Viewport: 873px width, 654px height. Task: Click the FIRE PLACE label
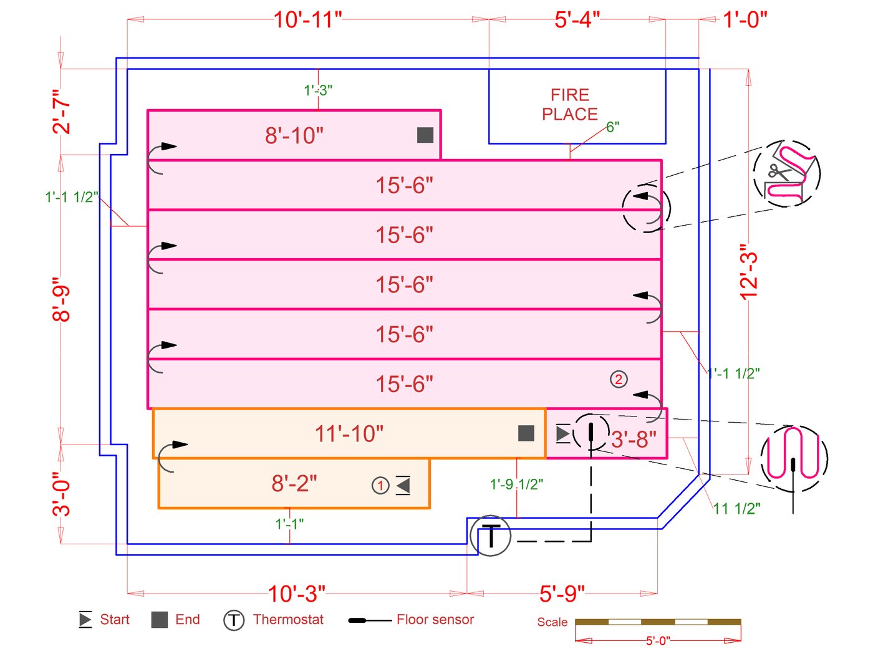(570, 105)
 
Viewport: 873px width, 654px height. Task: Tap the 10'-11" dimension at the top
(308, 20)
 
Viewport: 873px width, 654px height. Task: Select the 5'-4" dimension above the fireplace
(577, 20)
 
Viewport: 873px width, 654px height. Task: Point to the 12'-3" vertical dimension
(748, 272)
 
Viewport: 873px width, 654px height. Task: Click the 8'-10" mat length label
(294, 135)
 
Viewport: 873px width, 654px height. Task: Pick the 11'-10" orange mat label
(349, 433)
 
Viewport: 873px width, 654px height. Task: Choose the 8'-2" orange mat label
(294, 483)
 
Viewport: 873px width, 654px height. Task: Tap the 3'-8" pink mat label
(634, 440)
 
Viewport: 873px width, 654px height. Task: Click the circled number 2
(619, 379)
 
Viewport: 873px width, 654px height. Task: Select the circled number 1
(380, 485)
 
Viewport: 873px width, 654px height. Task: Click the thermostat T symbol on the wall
(491, 536)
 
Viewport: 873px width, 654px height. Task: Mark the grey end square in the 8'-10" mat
(425, 135)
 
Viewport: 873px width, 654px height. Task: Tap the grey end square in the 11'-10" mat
(526, 433)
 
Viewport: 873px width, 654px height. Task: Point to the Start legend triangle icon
(85, 620)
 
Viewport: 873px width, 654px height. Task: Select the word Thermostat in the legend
(288, 620)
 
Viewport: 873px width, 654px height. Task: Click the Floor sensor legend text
(435, 620)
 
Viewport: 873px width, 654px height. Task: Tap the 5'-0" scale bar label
(657, 641)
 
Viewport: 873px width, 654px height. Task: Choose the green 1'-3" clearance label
(318, 90)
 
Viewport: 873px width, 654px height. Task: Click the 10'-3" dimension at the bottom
(297, 594)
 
